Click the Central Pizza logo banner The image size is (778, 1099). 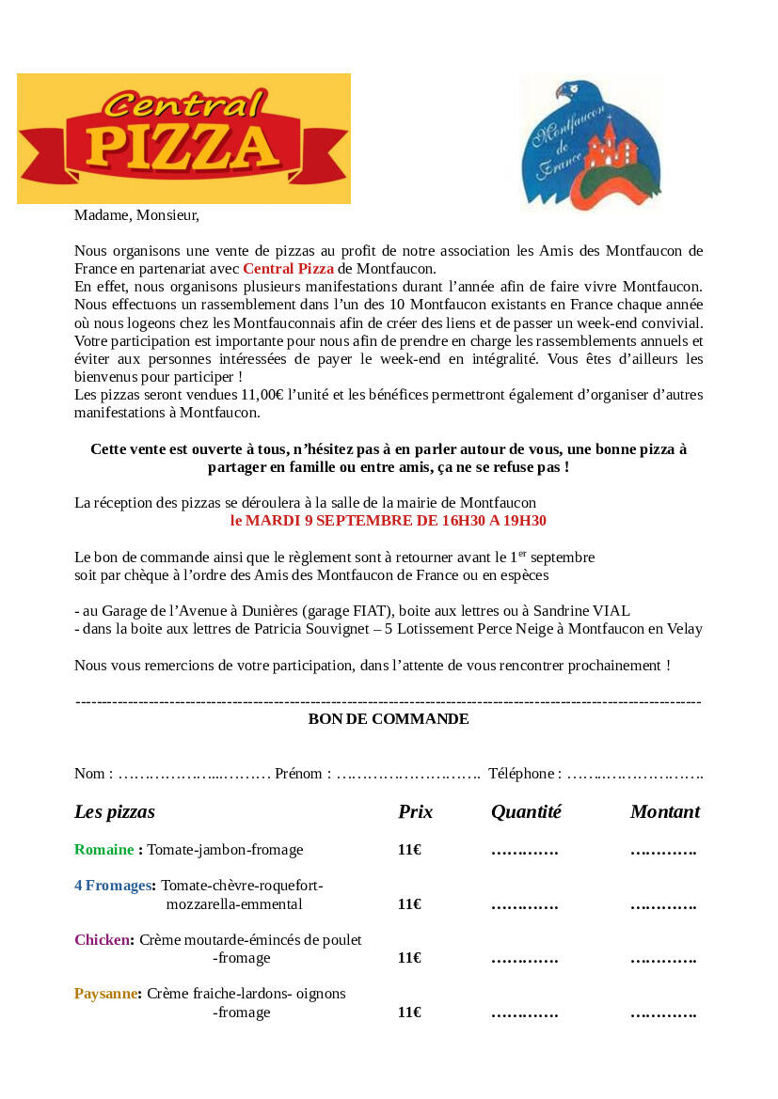pyautogui.click(x=183, y=139)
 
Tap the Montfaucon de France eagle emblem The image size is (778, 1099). pyautogui.click(x=591, y=143)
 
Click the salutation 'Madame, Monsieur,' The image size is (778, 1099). pyautogui.click(x=136, y=215)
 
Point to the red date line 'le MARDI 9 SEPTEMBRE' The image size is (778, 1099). pyautogui.click(x=389, y=521)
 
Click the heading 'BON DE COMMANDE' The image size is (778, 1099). pyautogui.click(x=389, y=719)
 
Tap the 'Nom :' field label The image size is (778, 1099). pyautogui.click(x=93, y=774)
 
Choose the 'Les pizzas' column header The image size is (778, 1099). pyautogui.click(x=115, y=812)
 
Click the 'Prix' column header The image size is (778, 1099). pyautogui.click(x=415, y=812)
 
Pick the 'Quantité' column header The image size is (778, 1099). pyautogui.click(x=526, y=812)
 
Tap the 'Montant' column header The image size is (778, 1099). pyautogui.click(x=665, y=812)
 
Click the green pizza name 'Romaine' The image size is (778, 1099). pyautogui.click(x=103, y=850)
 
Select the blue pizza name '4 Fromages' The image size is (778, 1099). pyautogui.click(x=113, y=886)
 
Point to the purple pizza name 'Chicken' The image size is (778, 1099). pyautogui.click(x=102, y=940)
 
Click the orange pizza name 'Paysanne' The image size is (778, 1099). pyautogui.click(x=105, y=994)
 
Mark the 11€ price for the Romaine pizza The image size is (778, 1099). pyautogui.click(x=409, y=850)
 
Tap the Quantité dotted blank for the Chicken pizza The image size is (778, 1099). pyautogui.click(x=525, y=960)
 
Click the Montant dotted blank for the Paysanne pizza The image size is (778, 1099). pyautogui.click(x=663, y=1014)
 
